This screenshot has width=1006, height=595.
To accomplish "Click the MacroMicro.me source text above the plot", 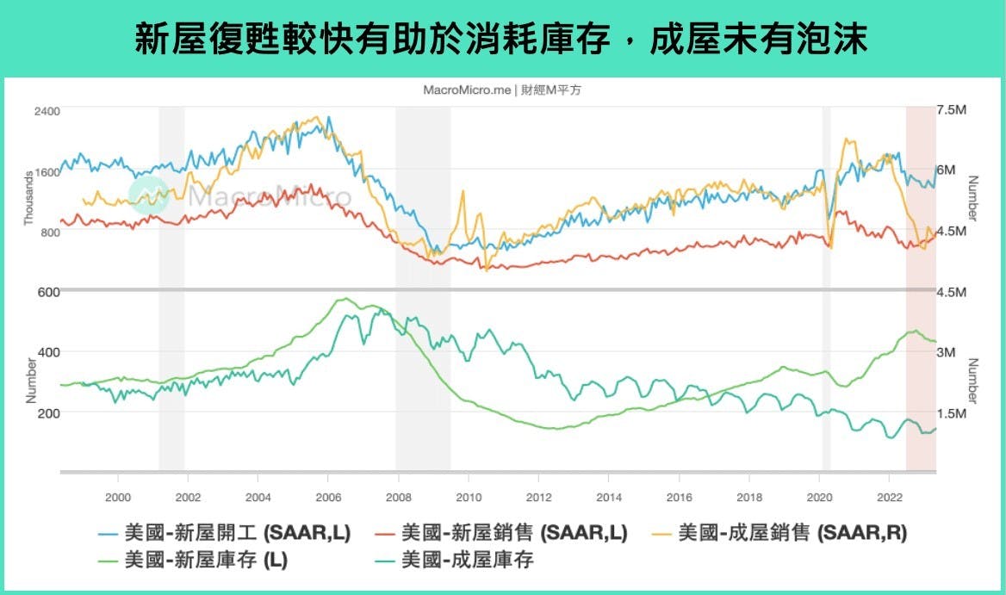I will [x=502, y=90].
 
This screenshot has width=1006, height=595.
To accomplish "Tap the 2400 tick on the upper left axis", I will [x=47, y=111].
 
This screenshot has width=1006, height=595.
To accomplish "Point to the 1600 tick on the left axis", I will [x=47, y=171].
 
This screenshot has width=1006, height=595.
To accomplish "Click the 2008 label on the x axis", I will [x=397, y=497].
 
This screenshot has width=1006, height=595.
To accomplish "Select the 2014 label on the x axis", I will [x=608, y=497].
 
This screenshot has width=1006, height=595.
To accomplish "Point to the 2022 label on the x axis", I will [x=889, y=497].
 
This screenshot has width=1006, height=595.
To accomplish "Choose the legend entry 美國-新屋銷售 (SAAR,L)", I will [x=514, y=533].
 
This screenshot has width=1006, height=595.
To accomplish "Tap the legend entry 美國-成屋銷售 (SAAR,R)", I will [x=792, y=533].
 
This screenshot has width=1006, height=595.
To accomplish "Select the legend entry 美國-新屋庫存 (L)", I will [x=206, y=560].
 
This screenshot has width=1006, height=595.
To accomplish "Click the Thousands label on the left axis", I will [x=28, y=197].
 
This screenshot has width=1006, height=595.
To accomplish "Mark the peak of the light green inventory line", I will [x=344, y=299].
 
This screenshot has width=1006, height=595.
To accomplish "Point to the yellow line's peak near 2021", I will [x=848, y=139].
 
